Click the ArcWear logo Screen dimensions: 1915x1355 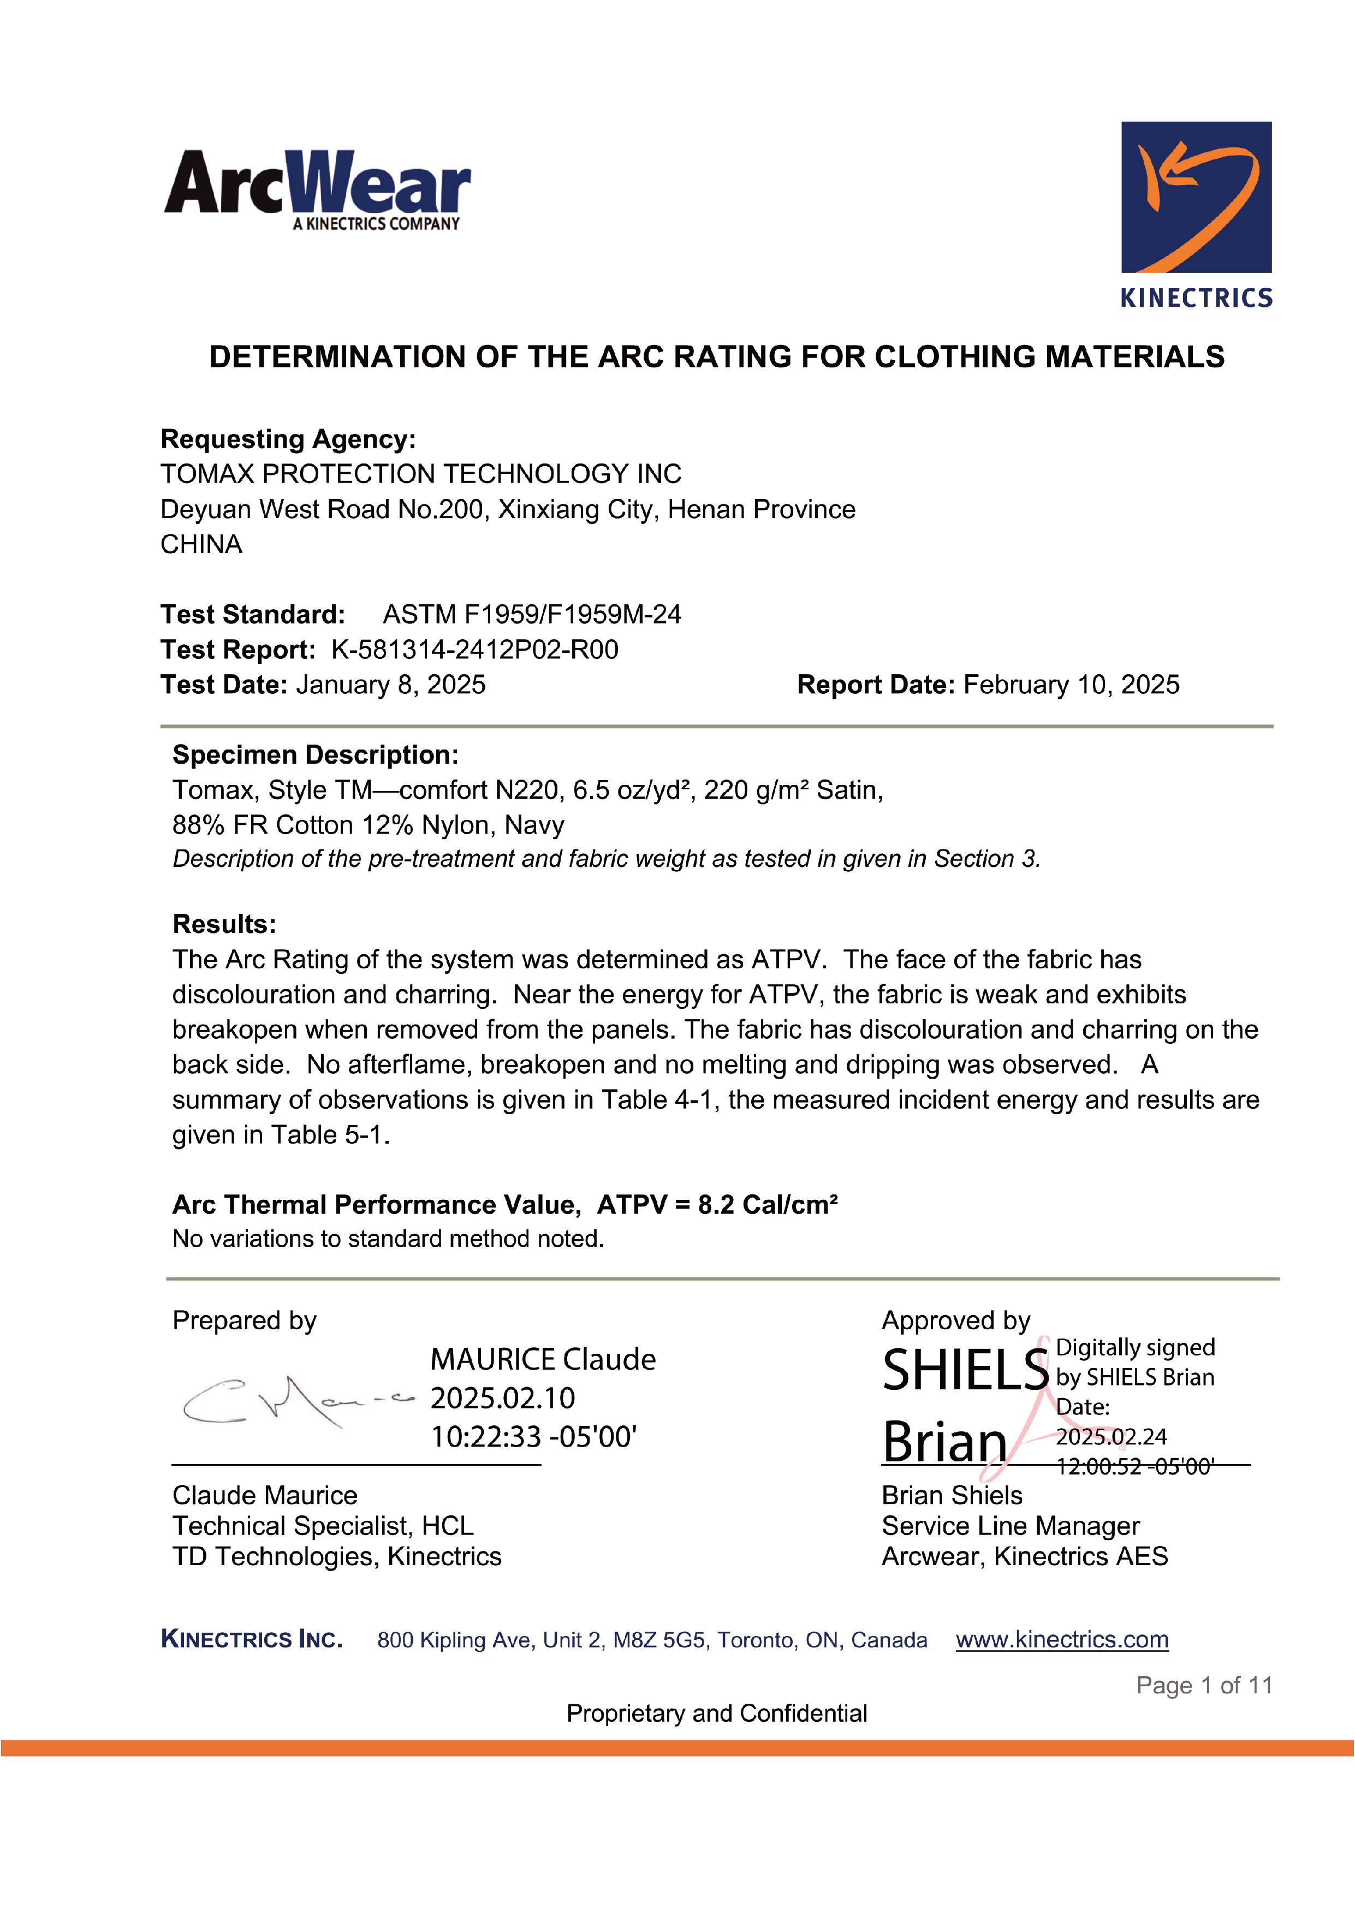(317, 188)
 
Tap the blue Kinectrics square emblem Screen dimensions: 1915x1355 (1196, 197)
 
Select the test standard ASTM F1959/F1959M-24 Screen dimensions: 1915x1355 (532, 615)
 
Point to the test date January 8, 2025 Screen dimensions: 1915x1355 (390, 685)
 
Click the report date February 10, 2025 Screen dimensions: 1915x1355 (1071, 685)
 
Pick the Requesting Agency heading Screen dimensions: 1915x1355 (288, 439)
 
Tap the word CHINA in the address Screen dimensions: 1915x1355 (201, 545)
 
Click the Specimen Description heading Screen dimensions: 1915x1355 (314, 755)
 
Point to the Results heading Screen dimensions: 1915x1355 (224, 924)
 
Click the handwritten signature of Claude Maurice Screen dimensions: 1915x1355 (296, 1401)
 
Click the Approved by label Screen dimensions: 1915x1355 (955, 1321)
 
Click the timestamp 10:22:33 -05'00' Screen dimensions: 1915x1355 (533, 1436)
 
